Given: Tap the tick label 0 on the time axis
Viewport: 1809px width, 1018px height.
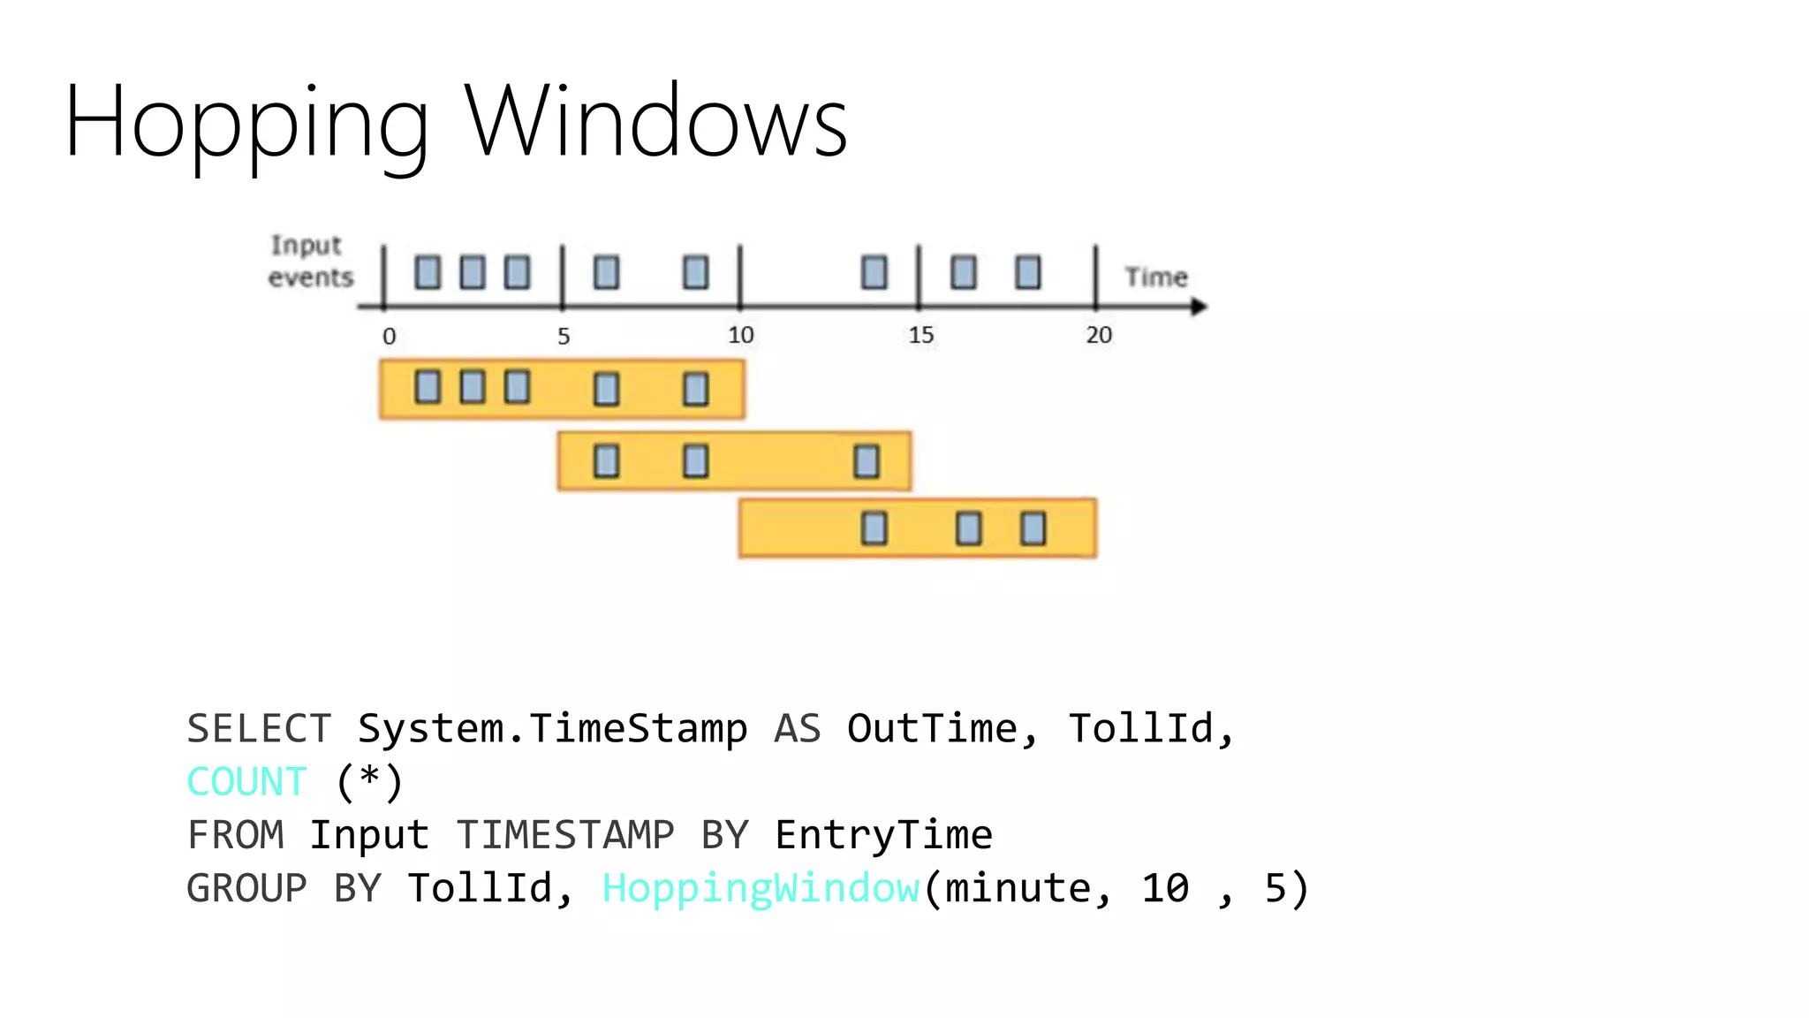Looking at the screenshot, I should (389, 337).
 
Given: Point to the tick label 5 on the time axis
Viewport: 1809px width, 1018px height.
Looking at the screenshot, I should (564, 337).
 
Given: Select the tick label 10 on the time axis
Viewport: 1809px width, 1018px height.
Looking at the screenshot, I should (740, 335).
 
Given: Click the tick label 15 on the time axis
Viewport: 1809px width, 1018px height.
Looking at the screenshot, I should (920, 335).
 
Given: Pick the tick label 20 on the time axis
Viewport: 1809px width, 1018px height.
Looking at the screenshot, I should (1099, 335).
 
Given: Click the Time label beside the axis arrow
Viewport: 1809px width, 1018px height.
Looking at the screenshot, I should (1155, 277).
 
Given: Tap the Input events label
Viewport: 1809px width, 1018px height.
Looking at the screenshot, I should (310, 262).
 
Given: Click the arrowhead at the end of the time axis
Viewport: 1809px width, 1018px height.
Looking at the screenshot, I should (1198, 307).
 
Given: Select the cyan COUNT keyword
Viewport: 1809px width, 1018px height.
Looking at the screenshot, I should (246, 782).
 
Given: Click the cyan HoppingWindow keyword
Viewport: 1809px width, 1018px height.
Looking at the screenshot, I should (761, 888).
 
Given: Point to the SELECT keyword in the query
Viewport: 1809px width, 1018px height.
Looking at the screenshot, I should (259, 729).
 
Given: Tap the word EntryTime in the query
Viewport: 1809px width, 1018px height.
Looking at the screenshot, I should (883, 835).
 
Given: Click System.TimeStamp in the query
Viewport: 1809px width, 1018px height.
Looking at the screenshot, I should (552, 729).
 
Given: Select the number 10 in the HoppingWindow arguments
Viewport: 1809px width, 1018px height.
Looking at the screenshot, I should (1165, 888).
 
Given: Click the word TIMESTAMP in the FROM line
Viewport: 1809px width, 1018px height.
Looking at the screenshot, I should (565, 835).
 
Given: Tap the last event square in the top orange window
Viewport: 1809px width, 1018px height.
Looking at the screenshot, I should (696, 389).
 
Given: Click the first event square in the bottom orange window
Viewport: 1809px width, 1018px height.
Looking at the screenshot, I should (874, 528).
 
